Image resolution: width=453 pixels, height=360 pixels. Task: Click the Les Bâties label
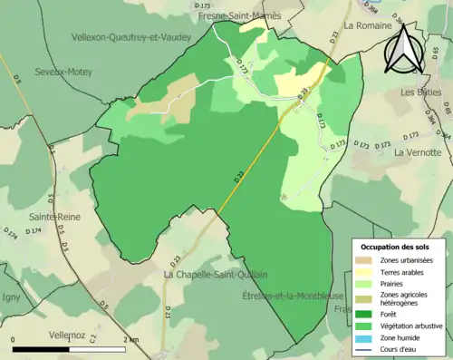coord(421,92)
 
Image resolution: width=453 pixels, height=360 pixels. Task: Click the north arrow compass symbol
coord(401,51)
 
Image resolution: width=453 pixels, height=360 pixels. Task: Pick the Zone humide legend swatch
coord(367,336)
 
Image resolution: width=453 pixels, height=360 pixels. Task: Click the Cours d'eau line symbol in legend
coord(367,348)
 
